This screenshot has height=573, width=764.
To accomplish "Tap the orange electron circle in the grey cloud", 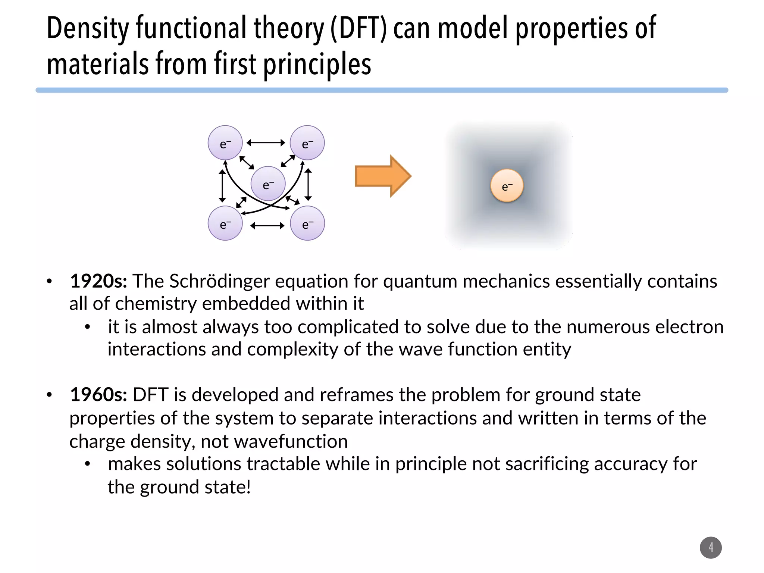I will pyautogui.click(x=507, y=186).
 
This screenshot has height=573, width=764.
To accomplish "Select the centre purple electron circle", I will pyautogui.click(x=268, y=184).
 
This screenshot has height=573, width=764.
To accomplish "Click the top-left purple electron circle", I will pyautogui.click(x=225, y=143).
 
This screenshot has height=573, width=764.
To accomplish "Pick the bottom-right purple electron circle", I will pyautogui.click(x=307, y=223).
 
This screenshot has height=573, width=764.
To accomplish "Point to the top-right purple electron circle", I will pyautogui.click(x=307, y=143).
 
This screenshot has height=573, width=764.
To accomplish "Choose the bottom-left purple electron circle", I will pyautogui.click(x=225, y=223).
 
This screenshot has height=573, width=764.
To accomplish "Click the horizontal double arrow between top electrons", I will pyautogui.click(x=266, y=143).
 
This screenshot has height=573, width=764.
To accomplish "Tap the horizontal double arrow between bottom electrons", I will pyautogui.click(x=267, y=226).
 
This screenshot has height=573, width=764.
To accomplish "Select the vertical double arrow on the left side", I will pyautogui.click(x=222, y=186).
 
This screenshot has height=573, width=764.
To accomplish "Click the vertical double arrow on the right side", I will pyautogui.click(x=308, y=185).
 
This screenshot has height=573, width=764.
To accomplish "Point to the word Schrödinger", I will pyautogui.click(x=219, y=281).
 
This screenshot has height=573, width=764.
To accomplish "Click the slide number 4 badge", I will pyautogui.click(x=711, y=547).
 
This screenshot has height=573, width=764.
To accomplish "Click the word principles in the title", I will pyautogui.click(x=317, y=64).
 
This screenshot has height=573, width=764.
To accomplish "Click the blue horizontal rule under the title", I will pyautogui.click(x=382, y=90).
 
